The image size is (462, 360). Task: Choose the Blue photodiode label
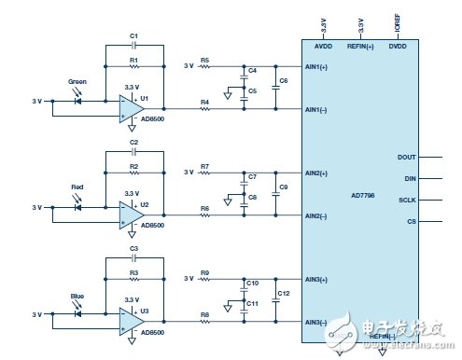click(x=78, y=296)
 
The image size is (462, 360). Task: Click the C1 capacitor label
click(x=133, y=35)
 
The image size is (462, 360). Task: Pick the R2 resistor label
click(x=133, y=166)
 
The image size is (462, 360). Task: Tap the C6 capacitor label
click(x=282, y=82)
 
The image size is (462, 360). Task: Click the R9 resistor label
click(x=204, y=273)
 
